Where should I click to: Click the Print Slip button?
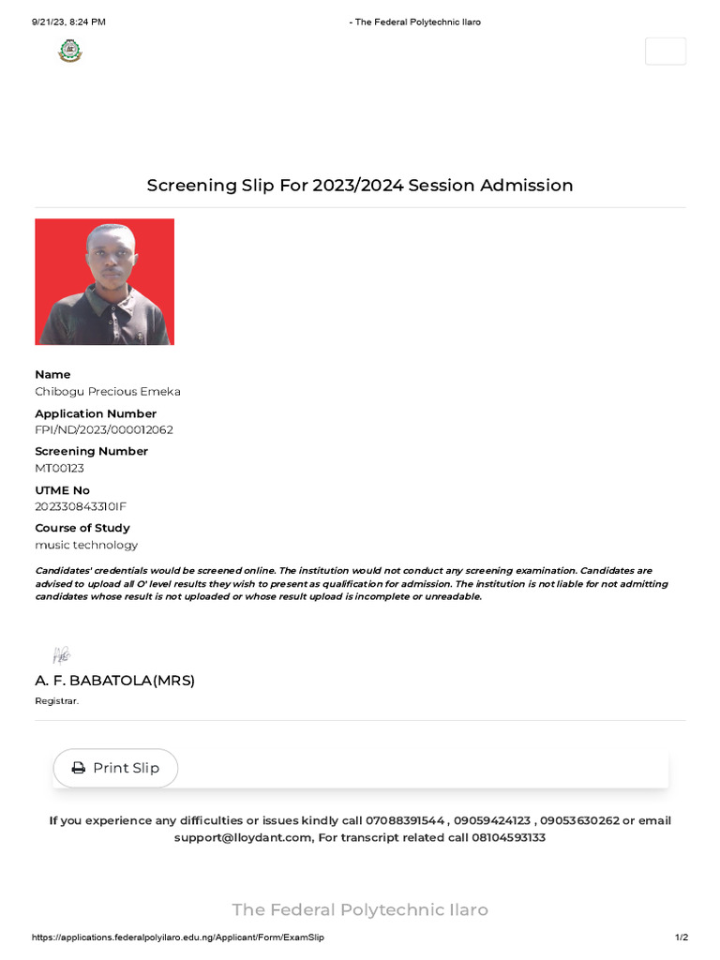pos(115,768)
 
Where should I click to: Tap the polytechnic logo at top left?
pos(70,51)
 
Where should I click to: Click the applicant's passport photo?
pos(104,282)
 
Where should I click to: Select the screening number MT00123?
pos(60,468)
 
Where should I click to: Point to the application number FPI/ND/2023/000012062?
pos(104,430)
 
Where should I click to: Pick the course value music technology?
pos(86,545)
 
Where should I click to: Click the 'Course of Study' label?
pos(82,528)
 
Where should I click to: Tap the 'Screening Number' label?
pos(91,451)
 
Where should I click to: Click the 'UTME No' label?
pos(62,490)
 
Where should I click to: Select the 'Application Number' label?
pos(96,413)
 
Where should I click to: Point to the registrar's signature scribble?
pos(62,655)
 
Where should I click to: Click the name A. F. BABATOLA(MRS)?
pos(114,681)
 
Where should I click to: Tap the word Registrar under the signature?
pos(56,701)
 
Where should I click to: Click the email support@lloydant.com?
pos(242,837)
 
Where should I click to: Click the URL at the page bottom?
pos(178,937)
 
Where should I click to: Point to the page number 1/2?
pos(682,937)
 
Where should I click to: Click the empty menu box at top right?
pos(665,52)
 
